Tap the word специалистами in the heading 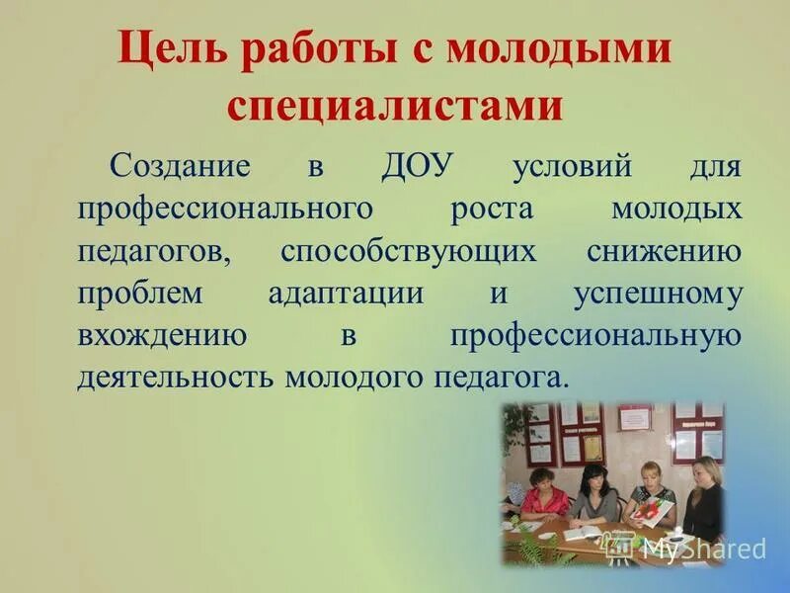pos(395,105)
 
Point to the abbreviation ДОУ pos(416,166)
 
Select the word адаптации pos(346,295)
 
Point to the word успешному pos(657,295)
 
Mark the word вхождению pos(162,336)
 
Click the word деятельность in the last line pos(177,379)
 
